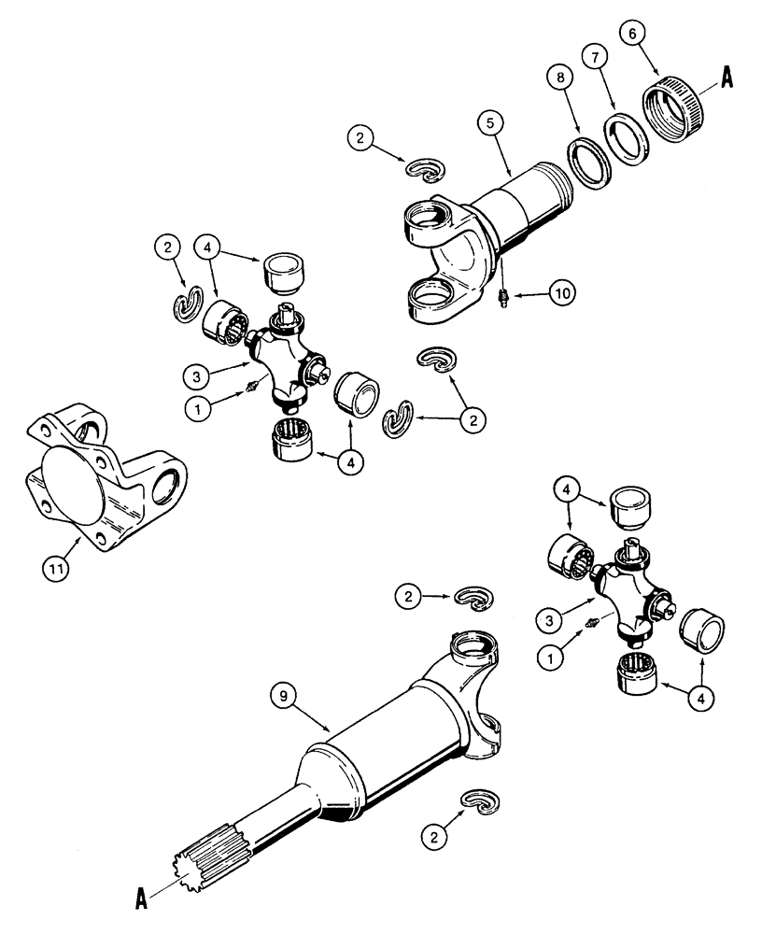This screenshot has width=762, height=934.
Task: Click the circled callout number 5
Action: click(494, 121)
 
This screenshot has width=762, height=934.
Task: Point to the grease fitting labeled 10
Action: click(502, 300)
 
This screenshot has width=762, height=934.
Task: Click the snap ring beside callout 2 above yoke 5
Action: click(427, 167)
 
